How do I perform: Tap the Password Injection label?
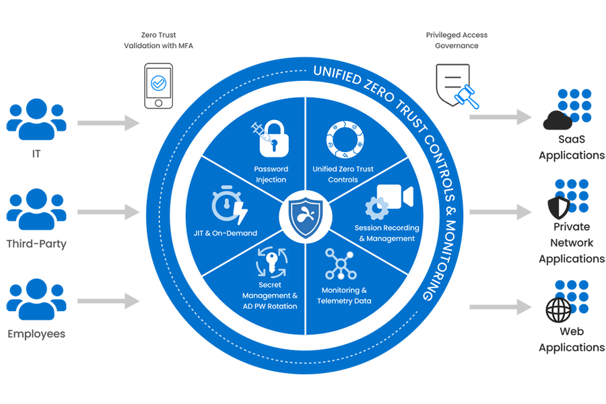click(271, 174)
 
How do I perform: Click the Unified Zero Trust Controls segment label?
click(343, 174)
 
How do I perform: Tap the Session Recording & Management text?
click(386, 233)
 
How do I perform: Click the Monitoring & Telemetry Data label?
click(344, 296)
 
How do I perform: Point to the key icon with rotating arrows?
click(271, 263)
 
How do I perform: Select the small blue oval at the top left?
click(159, 83)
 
